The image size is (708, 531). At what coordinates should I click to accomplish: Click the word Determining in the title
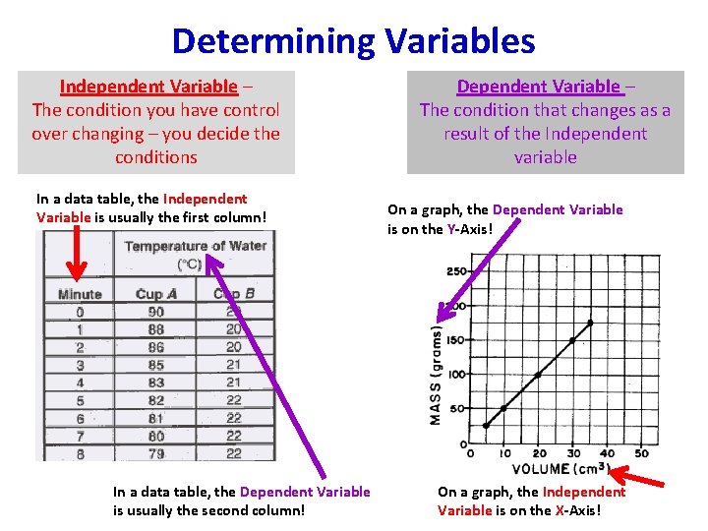click(x=272, y=40)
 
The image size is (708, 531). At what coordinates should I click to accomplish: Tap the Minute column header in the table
click(x=80, y=294)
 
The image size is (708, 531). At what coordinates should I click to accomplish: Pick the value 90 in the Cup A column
click(x=155, y=312)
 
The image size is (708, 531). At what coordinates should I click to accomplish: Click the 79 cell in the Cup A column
click(x=155, y=453)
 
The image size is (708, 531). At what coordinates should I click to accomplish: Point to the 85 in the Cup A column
click(x=155, y=365)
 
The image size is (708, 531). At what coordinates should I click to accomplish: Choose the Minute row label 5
click(x=80, y=400)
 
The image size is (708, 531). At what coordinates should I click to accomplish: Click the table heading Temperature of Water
click(x=195, y=246)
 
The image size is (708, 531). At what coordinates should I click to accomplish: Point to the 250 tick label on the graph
click(x=456, y=271)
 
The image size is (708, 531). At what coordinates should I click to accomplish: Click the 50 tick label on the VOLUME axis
click(x=641, y=453)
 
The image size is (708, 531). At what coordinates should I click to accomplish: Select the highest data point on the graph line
click(x=590, y=322)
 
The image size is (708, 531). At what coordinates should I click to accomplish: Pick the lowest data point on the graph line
click(x=486, y=426)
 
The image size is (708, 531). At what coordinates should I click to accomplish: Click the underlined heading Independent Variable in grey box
click(x=148, y=87)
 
